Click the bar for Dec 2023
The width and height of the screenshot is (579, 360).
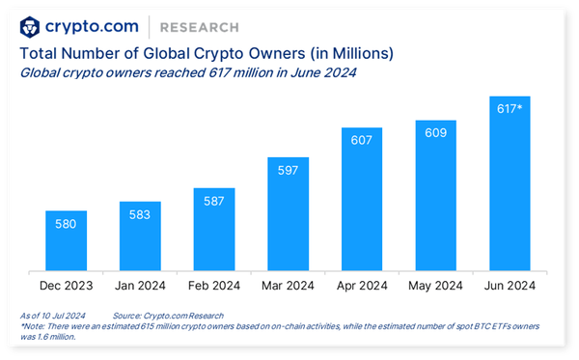point(66,241)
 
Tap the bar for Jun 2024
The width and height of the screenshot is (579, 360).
point(510,184)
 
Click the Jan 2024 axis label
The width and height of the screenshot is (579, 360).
point(140,287)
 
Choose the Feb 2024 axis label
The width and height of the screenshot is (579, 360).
point(213,287)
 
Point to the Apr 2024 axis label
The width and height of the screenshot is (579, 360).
point(362,287)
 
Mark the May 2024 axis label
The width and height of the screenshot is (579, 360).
point(435,287)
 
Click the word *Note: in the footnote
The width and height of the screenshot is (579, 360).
point(33,327)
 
